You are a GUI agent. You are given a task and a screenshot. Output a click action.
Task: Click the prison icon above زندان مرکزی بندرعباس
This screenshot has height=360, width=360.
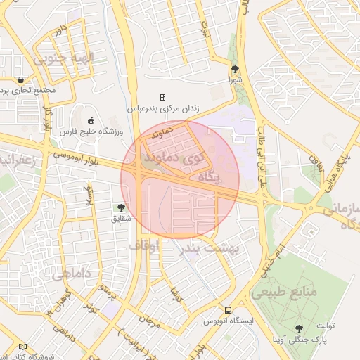[162, 97]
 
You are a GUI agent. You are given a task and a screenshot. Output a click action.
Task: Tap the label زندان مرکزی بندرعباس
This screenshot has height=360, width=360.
[162, 109]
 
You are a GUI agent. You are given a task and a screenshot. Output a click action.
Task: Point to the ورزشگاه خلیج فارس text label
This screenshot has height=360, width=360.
[91, 131]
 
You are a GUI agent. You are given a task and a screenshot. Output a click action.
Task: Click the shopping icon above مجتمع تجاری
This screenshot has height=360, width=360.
[22, 79]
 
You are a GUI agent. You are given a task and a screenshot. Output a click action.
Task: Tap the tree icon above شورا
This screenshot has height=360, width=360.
[235, 69]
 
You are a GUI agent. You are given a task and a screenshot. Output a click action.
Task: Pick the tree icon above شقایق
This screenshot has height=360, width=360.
[122, 207]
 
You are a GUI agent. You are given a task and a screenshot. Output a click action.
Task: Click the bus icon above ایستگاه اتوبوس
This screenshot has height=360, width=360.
[228, 309]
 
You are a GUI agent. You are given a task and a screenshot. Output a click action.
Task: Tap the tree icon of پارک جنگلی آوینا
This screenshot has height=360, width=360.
[300, 328]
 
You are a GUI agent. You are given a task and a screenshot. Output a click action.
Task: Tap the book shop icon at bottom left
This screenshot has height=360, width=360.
[23, 347]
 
